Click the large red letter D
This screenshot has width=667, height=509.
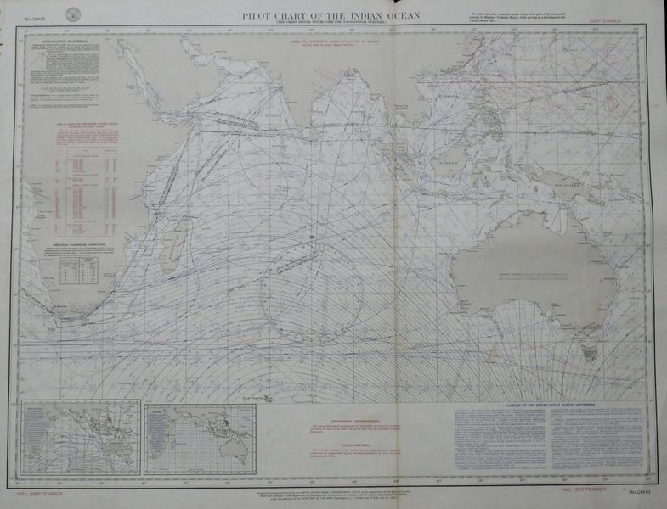(x=610, y=103)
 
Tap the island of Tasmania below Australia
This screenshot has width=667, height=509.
(x=585, y=348)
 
